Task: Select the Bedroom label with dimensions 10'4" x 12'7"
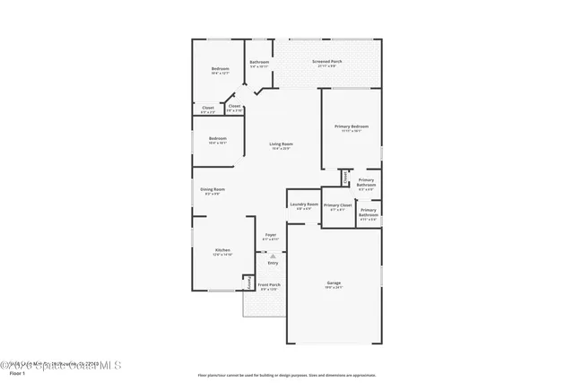[220, 71]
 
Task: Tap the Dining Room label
[213, 191]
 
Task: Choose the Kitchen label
[222, 252]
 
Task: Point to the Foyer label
[270, 237]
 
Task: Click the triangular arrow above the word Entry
[273, 256]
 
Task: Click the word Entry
[273, 263]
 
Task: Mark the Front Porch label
[270, 287]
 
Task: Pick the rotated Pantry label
[248, 282]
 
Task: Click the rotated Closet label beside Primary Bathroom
[344, 176]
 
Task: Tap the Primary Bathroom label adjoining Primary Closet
[369, 213]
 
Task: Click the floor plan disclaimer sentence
[286, 375]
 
